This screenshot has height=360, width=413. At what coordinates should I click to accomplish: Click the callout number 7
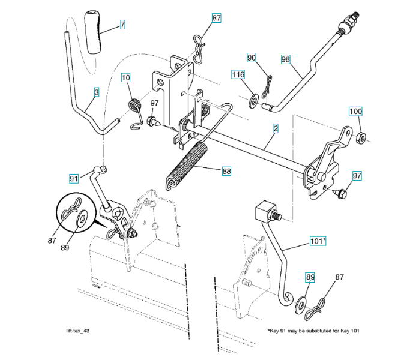point(122,25)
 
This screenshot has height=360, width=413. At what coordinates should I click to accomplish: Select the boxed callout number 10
point(126,77)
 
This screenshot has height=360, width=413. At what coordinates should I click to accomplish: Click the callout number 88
point(226,172)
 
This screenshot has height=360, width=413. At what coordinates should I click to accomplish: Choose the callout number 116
point(239,75)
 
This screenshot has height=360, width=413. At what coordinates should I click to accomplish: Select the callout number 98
point(285,59)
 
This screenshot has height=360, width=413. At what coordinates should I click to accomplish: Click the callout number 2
point(275,128)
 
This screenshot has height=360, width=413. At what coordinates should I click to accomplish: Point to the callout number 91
point(74,178)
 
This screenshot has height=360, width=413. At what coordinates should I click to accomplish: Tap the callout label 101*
point(318,241)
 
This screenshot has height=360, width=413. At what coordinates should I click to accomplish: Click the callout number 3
point(95,92)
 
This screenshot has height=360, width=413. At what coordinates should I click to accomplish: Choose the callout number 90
point(252,57)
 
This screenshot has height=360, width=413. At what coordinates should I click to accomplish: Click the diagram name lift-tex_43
point(79,332)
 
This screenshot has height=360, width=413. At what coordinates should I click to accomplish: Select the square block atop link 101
point(264,212)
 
